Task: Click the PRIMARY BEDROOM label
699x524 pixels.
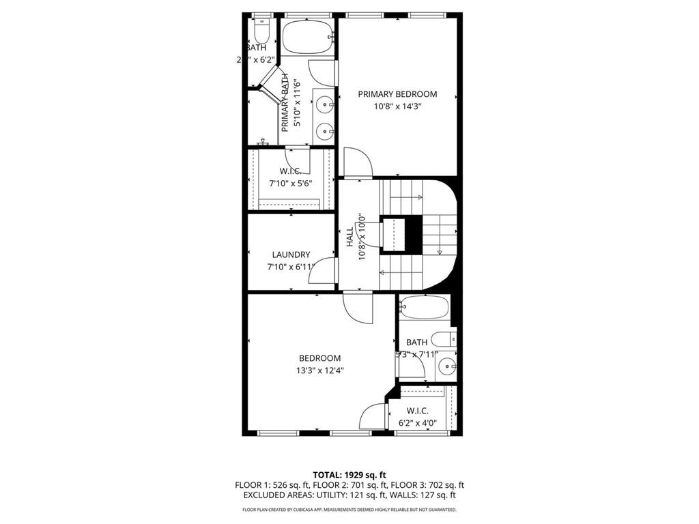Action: [397, 94]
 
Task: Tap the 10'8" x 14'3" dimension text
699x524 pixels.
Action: [397, 106]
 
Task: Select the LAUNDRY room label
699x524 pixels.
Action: [291, 254]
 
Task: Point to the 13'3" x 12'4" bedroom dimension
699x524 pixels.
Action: [319, 371]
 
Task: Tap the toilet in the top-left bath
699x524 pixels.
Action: [261, 31]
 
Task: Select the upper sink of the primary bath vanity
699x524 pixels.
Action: [325, 104]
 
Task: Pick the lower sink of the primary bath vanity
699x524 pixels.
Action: [325, 130]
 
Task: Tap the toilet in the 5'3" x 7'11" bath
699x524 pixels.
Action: [444, 338]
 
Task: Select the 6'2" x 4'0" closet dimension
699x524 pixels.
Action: [417, 423]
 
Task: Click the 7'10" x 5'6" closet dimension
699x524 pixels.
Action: [291, 184]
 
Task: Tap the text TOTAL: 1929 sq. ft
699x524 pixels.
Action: [349, 475]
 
